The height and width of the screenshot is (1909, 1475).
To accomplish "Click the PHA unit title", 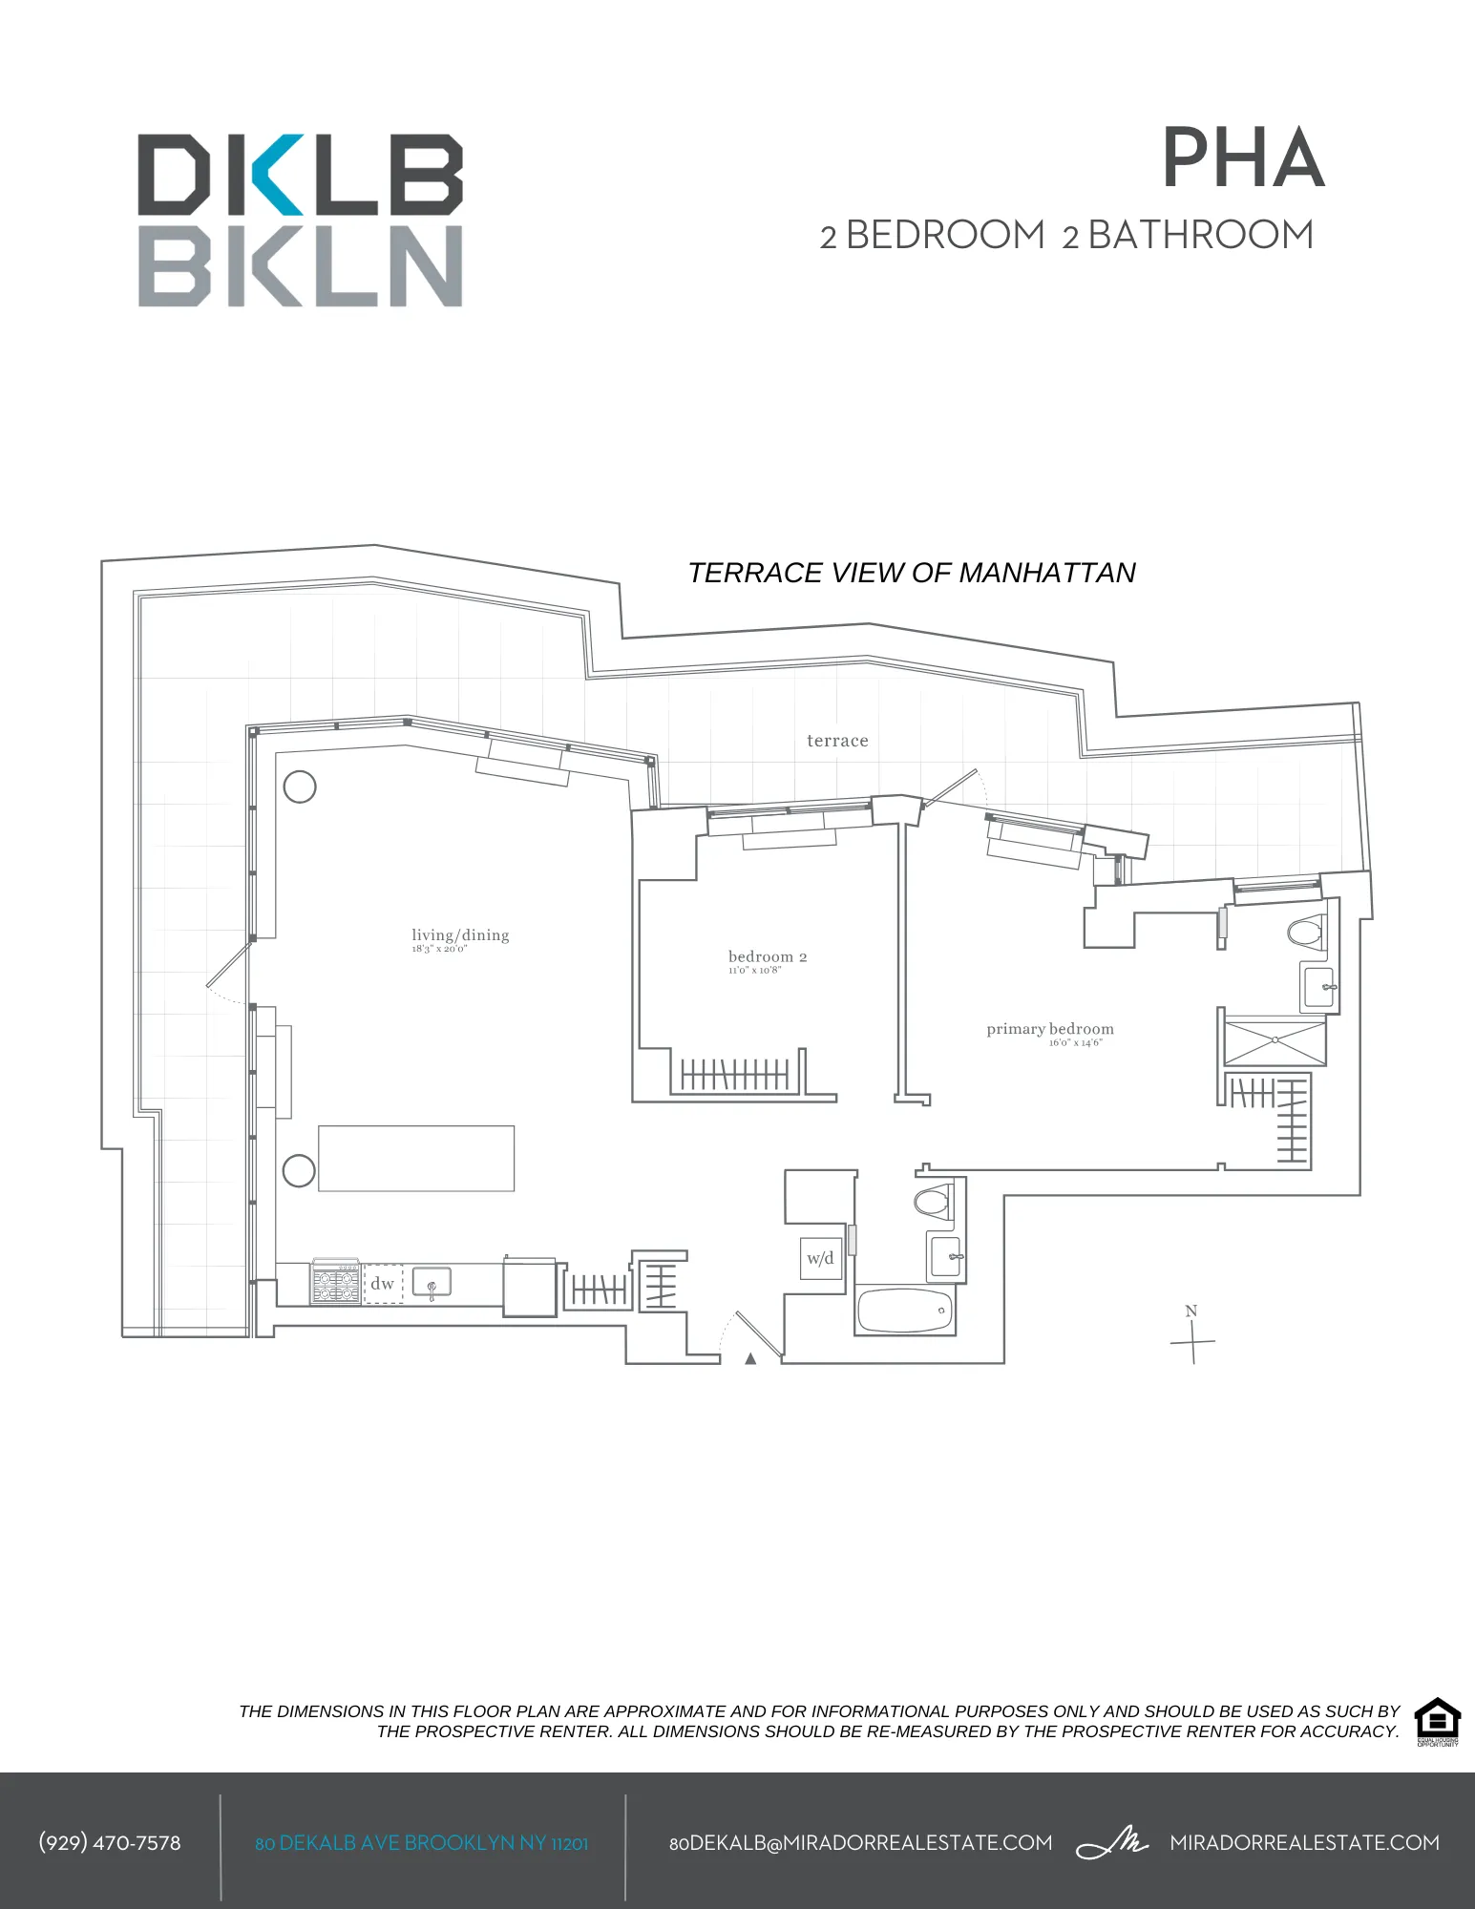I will [x=1243, y=159].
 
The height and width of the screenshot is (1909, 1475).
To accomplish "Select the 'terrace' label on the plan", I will [x=837, y=741].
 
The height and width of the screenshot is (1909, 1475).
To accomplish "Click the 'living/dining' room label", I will [x=460, y=935].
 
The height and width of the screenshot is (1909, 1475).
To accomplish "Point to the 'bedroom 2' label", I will [x=768, y=956].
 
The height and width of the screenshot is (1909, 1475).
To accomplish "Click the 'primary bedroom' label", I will [x=1050, y=1029].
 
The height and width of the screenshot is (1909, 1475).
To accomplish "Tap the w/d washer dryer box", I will [x=820, y=1258].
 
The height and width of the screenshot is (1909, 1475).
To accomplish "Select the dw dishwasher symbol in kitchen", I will [x=383, y=1284].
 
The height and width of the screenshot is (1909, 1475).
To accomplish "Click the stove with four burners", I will [x=336, y=1282].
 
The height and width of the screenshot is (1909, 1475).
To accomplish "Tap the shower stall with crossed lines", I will [x=1275, y=1041].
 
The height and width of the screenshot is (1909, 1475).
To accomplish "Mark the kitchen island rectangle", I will [x=416, y=1158].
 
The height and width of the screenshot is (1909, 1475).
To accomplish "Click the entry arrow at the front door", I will [x=750, y=1358].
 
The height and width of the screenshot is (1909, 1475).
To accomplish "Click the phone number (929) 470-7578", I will [x=110, y=1842].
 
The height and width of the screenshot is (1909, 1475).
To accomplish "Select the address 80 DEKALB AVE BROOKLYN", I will [x=421, y=1843].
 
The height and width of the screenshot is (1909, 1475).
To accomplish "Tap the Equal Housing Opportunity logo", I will [x=1437, y=1722].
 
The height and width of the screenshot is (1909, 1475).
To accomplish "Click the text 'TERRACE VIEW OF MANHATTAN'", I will [x=912, y=573].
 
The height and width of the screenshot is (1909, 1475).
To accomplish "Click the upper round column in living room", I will [x=300, y=787].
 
